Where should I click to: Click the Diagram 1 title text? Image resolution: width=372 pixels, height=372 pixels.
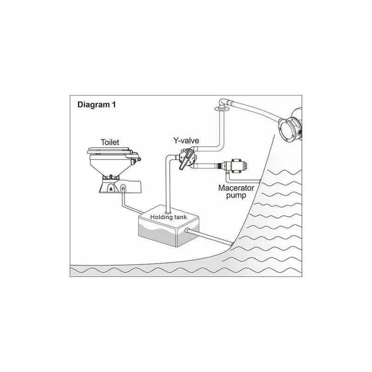click(97, 105)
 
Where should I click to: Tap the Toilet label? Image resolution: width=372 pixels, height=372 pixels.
click(110, 142)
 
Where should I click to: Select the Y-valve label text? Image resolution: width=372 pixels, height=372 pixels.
click(186, 141)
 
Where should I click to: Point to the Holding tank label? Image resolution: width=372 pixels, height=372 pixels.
click(168, 217)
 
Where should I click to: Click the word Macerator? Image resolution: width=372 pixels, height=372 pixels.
click(236, 188)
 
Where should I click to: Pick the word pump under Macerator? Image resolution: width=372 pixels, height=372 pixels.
click(236, 196)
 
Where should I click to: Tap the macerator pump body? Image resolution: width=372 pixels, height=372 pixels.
click(238, 165)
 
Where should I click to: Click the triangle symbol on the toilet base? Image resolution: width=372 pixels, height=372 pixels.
click(111, 189)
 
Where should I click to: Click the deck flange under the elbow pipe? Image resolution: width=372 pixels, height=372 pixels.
click(222, 109)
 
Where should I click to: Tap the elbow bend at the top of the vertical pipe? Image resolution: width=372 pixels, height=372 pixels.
click(223, 102)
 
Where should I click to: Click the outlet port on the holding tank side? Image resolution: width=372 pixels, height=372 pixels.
click(187, 230)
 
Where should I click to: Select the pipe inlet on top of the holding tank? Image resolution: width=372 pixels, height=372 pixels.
click(168, 212)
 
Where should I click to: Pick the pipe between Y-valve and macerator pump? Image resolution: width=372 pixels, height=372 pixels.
click(205, 166)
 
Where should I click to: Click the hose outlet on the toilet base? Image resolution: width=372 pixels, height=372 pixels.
click(123, 189)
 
